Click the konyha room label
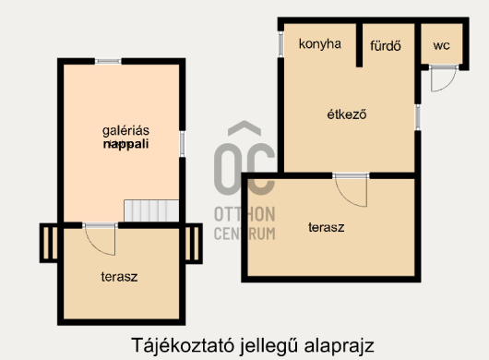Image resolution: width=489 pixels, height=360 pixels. (x=320, y=43)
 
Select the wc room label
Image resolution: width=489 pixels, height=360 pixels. (x=441, y=44)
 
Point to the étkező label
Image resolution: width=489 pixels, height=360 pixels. (x=348, y=115)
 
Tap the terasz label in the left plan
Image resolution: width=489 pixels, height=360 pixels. (x=120, y=276)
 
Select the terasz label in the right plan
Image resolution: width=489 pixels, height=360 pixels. (x=327, y=226)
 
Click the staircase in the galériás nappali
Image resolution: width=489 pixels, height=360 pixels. (x=150, y=210)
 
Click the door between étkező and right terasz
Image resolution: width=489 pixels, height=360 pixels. (x=351, y=189)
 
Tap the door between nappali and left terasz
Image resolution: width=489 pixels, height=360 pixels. (x=99, y=238)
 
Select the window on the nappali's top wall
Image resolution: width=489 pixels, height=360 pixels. (x=108, y=62)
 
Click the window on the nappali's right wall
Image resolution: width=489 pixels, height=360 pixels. (x=183, y=143)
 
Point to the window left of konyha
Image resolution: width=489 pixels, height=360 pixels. (x=280, y=43)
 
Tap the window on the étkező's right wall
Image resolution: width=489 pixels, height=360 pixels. (x=418, y=116)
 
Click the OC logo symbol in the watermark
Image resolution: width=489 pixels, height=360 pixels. (x=244, y=162)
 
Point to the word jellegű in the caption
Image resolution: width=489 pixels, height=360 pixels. (x=271, y=344)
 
